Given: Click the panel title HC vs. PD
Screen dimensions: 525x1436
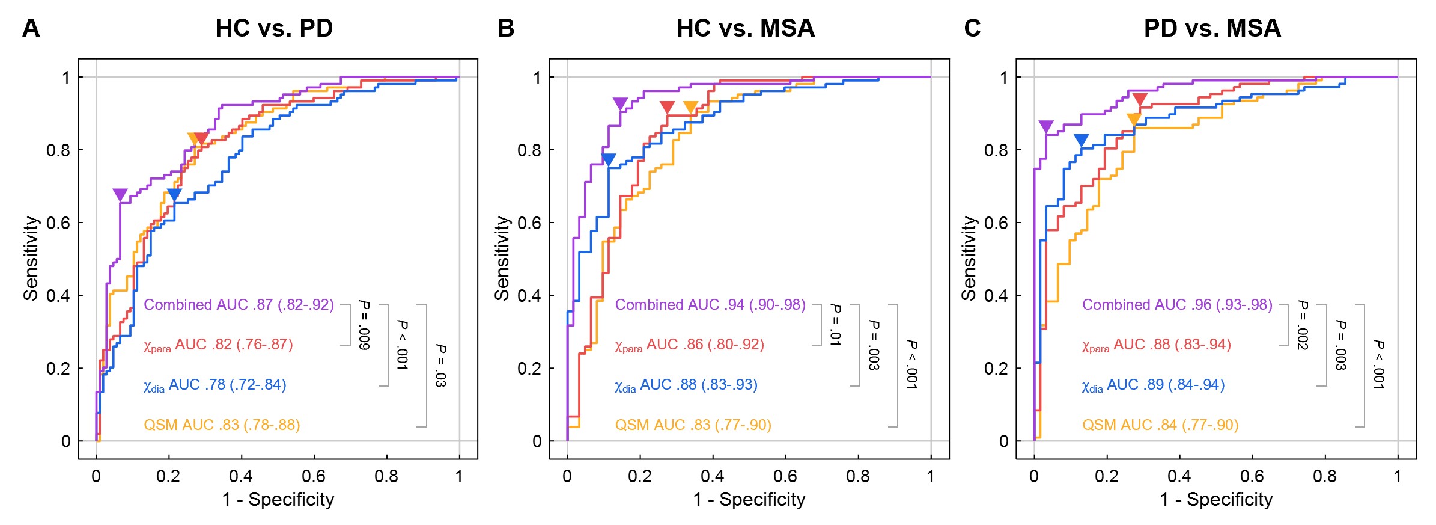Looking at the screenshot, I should coord(274,28).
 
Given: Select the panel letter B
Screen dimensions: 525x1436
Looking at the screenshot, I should coord(506,28).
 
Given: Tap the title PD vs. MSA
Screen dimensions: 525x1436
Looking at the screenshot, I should coord(1212,28).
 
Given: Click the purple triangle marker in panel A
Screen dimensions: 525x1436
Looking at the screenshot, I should coord(120,195).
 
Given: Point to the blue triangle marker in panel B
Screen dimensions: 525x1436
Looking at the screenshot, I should coord(609,160).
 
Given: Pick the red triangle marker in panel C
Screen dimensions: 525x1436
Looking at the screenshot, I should coord(1140,100).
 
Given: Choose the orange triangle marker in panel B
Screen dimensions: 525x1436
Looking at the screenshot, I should coord(690,108).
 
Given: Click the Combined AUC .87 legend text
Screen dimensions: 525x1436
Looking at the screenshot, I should coord(239,305).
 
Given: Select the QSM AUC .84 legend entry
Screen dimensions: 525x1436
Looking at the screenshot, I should coord(1160,425).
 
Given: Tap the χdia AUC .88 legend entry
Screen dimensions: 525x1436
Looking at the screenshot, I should coord(686,385).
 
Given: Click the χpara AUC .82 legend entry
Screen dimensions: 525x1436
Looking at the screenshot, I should coord(218,345).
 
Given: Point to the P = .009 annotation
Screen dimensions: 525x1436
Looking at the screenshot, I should coord(364,325).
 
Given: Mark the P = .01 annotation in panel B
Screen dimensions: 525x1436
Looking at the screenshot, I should coord(835,325).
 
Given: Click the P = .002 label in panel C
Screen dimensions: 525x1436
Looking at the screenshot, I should coord(1302,325).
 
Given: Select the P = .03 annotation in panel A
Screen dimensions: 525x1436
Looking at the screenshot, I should coord(440,365).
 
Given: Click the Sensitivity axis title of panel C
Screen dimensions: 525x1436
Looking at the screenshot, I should coord(969,258).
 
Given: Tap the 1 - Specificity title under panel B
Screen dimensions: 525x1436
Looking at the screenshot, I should coord(749,499).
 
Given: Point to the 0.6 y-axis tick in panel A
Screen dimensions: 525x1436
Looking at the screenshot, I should coord(58,223).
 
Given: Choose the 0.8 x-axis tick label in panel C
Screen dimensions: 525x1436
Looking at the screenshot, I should coord(1325,477).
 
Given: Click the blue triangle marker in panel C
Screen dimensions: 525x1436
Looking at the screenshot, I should coord(1081,141).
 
